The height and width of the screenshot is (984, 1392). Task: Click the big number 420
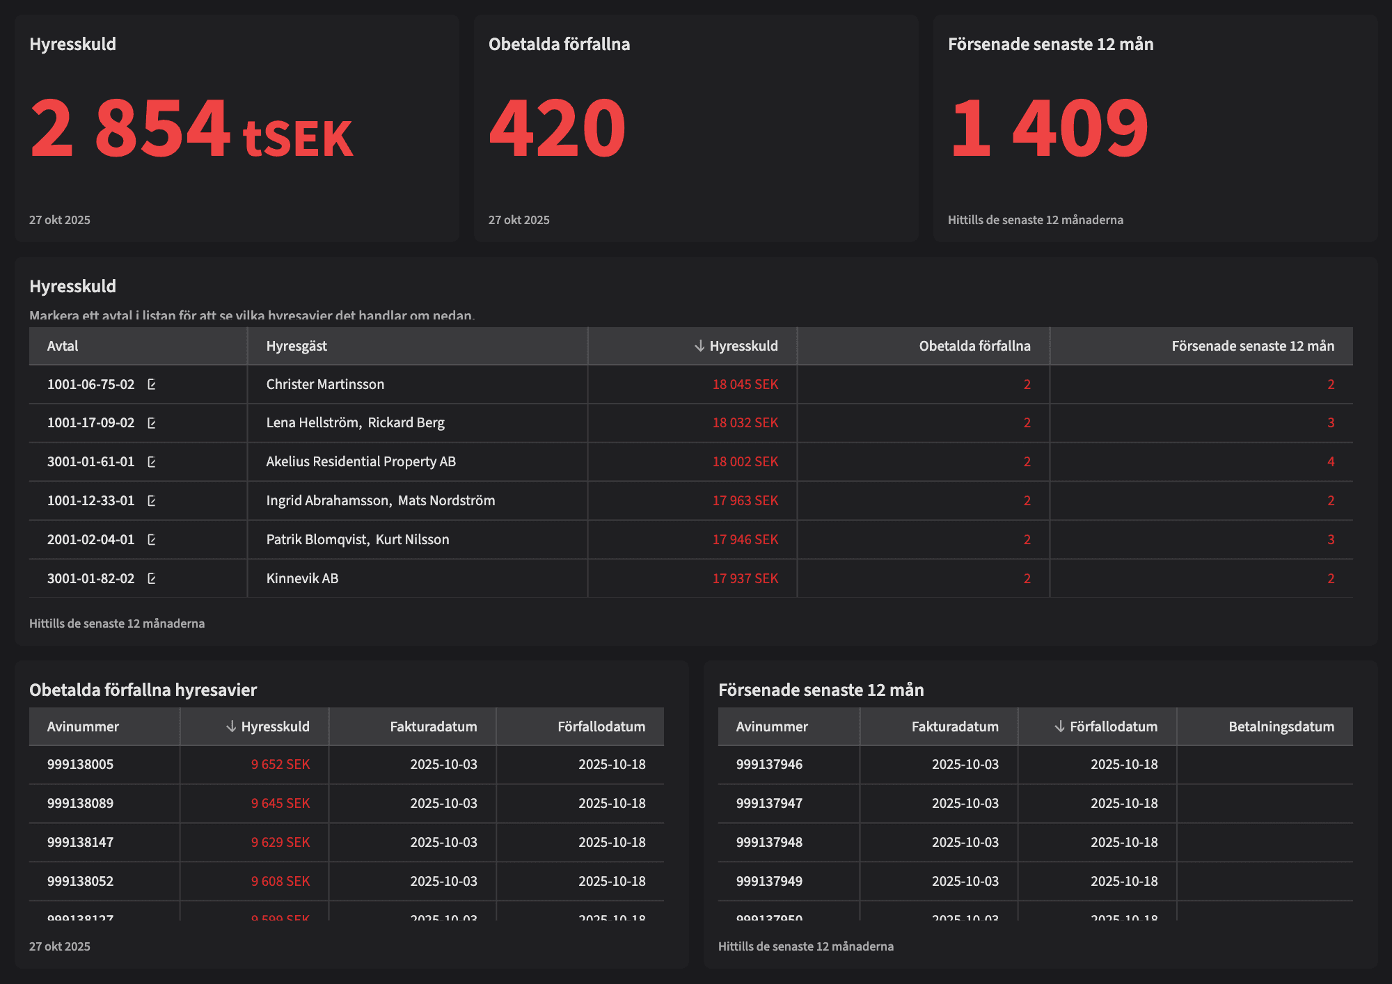[557, 128]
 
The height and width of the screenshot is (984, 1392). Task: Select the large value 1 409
[1048, 128]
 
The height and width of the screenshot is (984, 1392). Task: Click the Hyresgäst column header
[296, 346]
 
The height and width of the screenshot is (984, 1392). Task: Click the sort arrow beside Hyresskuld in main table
[699, 346]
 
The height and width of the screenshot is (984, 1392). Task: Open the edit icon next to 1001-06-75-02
[152, 384]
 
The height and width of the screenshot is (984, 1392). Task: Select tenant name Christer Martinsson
[325, 384]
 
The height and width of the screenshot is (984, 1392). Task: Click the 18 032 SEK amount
[745, 422]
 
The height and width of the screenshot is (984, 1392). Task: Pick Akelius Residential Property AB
[361, 461]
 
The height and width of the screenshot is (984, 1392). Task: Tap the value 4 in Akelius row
[1330, 461]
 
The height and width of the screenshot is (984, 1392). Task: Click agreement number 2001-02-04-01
[90, 539]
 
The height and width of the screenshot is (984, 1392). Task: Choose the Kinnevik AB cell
[302, 578]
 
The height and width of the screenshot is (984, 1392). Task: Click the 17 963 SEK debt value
[745, 500]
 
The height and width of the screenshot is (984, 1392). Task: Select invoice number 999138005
[80, 764]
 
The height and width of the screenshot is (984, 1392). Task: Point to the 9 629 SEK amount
[280, 842]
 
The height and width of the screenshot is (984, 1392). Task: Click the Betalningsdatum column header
[1281, 727]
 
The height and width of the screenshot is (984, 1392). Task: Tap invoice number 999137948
[769, 842]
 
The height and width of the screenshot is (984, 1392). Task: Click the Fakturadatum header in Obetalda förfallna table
[433, 727]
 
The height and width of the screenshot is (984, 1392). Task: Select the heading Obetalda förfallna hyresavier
[143, 690]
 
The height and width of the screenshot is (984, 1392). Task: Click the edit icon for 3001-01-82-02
[152, 578]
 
